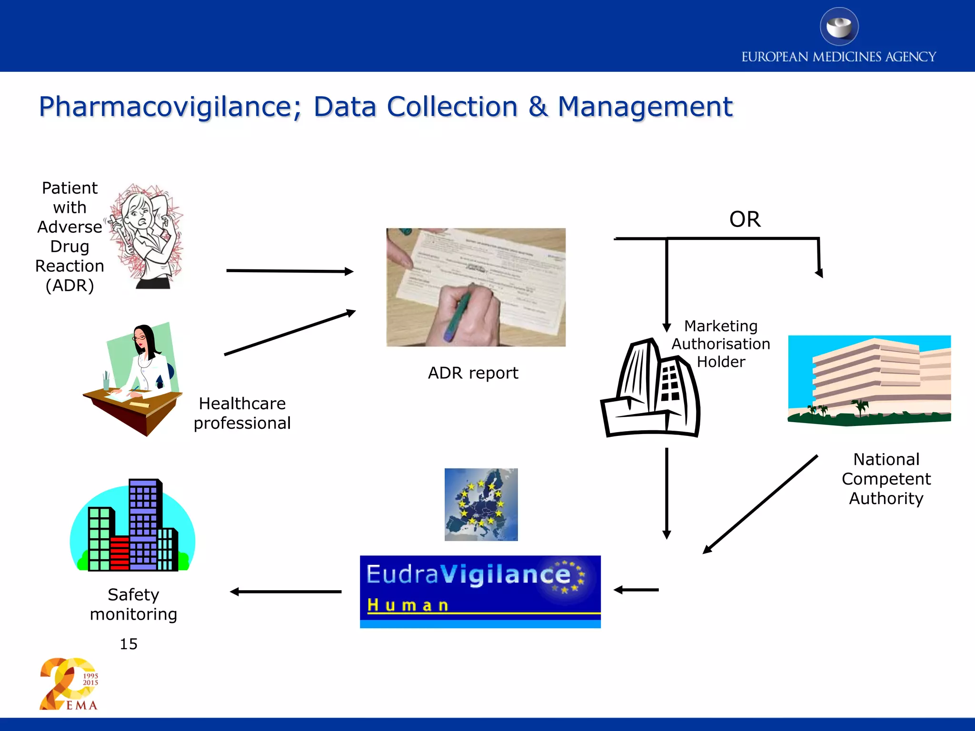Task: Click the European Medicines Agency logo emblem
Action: tap(839, 27)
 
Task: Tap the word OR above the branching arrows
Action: tap(745, 219)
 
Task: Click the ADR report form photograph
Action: tap(476, 287)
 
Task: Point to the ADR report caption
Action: tap(473, 373)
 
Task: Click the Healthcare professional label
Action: tap(242, 413)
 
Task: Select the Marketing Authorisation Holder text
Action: tap(721, 344)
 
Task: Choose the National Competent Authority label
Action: tap(886, 479)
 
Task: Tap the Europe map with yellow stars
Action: tap(481, 504)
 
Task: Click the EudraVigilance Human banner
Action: tap(480, 592)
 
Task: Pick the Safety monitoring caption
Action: tap(133, 604)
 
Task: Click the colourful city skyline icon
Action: tap(132, 526)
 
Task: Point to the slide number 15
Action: tap(129, 644)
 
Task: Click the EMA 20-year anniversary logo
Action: tap(70, 684)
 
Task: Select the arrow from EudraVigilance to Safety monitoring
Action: tap(286, 592)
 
